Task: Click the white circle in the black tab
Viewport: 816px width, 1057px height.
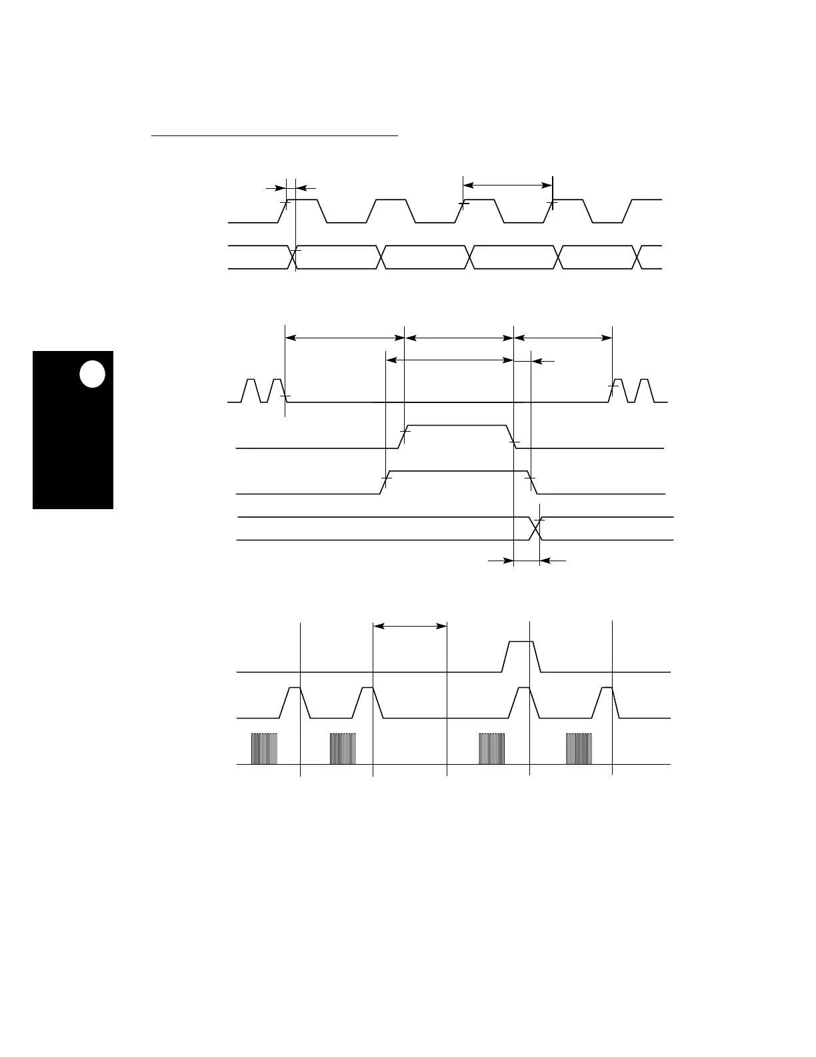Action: click(x=93, y=374)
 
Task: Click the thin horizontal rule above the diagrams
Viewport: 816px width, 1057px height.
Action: click(x=274, y=135)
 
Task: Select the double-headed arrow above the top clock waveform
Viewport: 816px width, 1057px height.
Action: click(x=507, y=185)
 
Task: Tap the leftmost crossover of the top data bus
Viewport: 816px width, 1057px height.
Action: click(x=291, y=258)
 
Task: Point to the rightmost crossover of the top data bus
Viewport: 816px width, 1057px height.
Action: click(x=639, y=258)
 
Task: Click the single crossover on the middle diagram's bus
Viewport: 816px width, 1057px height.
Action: click(x=535, y=528)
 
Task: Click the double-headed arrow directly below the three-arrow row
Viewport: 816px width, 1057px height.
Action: click(x=449, y=360)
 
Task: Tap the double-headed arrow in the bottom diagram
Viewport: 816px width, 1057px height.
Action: click(x=409, y=626)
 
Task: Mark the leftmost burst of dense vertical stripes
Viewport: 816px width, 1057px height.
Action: click(x=264, y=749)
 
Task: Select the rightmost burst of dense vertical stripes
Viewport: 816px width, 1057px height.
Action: click(x=579, y=749)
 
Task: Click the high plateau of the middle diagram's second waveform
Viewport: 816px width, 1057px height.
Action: click(x=456, y=425)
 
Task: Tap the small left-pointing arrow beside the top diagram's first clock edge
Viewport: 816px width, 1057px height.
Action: click(x=305, y=189)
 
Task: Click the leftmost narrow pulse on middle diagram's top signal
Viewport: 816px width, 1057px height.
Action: click(x=251, y=390)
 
